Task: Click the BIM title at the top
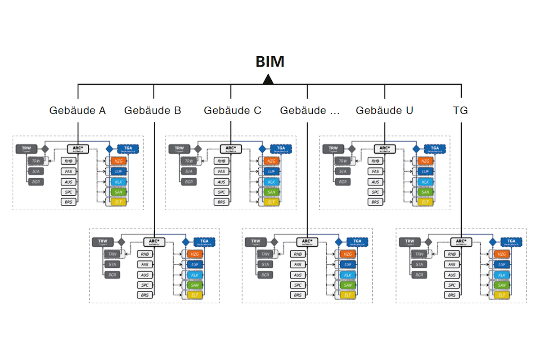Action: pos(270,62)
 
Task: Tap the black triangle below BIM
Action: pos(269,80)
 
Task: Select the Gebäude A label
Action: pos(77,110)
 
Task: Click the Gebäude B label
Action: pos(153,110)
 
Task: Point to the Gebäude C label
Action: pos(232,110)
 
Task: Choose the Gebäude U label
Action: pos(384,110)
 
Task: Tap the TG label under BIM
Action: pos(461,110)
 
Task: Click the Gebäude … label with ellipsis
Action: pos(310,110)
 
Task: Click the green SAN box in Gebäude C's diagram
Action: pos(271,192)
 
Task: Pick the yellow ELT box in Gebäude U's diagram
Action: pos(424,202)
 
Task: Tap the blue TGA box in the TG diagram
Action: pos(511,242)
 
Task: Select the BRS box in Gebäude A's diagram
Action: pos(69,202)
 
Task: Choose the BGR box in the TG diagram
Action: pos(419,275)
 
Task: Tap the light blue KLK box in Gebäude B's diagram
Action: pos(195,275)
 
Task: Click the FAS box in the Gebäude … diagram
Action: pos(298,265)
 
